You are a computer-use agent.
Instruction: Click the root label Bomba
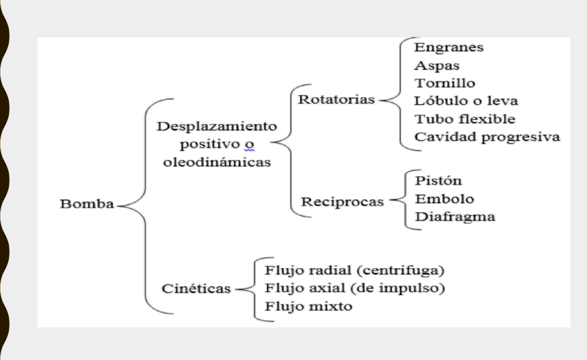87,204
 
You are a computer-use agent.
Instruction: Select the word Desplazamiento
217,126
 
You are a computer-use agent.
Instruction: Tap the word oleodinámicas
217,162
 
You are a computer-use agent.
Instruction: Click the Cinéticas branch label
196,288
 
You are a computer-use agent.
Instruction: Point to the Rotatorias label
336,99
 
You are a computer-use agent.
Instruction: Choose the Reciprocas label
343,202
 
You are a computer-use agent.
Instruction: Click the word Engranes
449,47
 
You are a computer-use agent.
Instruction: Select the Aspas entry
437,66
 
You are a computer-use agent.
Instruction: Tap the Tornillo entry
445,83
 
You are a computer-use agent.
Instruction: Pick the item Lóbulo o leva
466,101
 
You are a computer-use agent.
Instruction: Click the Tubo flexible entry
465,119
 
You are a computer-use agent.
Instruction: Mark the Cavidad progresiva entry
487,137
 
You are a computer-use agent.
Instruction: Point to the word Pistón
438,181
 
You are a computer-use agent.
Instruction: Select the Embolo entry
445,198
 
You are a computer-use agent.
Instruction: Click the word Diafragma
455,217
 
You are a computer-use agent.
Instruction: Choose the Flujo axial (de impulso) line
355,288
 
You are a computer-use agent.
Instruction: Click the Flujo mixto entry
309,306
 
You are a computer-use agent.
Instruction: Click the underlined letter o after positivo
249,145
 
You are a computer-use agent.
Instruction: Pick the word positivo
210,145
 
